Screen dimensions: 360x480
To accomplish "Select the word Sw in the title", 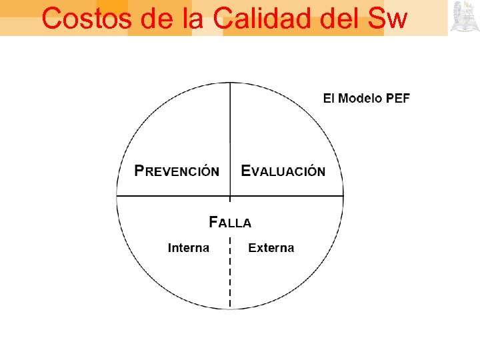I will click(x=386, y=19).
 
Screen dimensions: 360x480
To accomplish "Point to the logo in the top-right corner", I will click(x=464, y=17).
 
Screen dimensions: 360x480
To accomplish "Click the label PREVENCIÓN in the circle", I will click(x=177, y=171).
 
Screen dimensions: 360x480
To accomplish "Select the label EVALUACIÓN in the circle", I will click(x=283, y=171).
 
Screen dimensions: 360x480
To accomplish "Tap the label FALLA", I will click(x=230, y=222).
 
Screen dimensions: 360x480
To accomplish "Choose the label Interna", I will click(x=189, y=248).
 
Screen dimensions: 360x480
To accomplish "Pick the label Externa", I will click(x=271, y=248).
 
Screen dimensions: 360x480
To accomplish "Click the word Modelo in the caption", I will click(x=361, y=99).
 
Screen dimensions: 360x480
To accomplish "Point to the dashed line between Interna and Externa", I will click(x=230, y=280).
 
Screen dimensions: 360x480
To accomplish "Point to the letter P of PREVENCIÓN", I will click(x=139, y=170).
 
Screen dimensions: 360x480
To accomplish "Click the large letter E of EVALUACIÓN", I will click(x=246, y=170).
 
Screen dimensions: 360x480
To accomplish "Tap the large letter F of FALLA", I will click(x=213, y=221).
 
